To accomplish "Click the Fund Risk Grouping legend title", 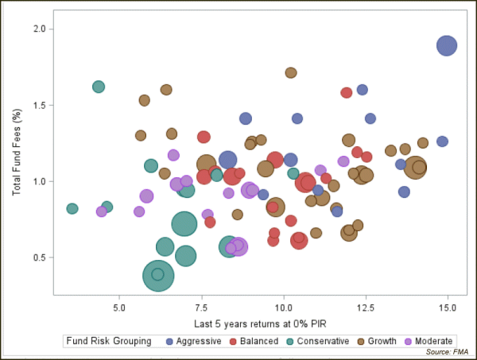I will (109, 341).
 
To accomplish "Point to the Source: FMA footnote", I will (448, 351).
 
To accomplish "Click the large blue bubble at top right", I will (448, 45).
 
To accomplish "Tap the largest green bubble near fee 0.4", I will (160, 275).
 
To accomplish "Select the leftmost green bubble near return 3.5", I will (72, 209).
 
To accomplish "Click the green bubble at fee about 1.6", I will (99, 87).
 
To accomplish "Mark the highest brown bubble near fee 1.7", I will (291, 72).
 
